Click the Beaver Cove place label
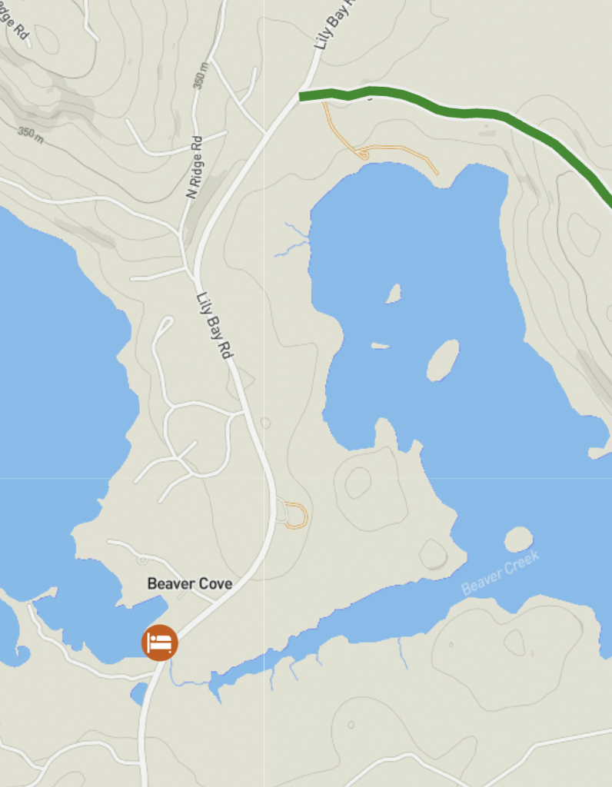point(189,584)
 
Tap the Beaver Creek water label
point(501,573)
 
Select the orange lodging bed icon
point(160,642)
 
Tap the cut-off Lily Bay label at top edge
point(335,27)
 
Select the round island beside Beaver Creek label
point(518,539)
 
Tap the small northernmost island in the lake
point(393,294)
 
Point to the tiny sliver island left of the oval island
point(381,346)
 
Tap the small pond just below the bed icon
point(139,693)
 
